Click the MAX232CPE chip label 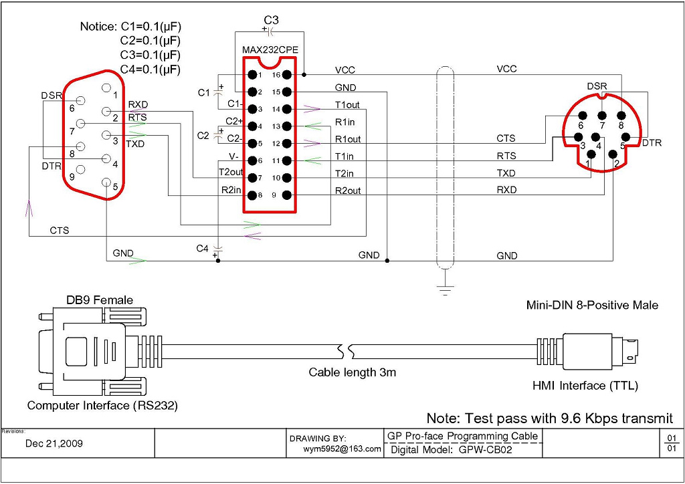coord(271,50)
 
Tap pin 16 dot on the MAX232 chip coord(286,75)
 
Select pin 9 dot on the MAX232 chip coord(286,195)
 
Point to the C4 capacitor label coord(203,248)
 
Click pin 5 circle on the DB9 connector coord(106,183)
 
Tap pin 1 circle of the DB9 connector coord(106,88)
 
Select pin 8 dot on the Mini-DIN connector coord(621,115)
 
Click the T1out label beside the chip coord(347,105)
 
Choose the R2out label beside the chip coord(348,191)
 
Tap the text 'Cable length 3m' coord(352,372)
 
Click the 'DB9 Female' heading coord(99,300)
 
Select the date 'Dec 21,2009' coord(54,443)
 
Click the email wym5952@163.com coord(342,449)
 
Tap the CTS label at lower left coord(60,231)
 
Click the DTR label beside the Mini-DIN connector coord(652,143)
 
